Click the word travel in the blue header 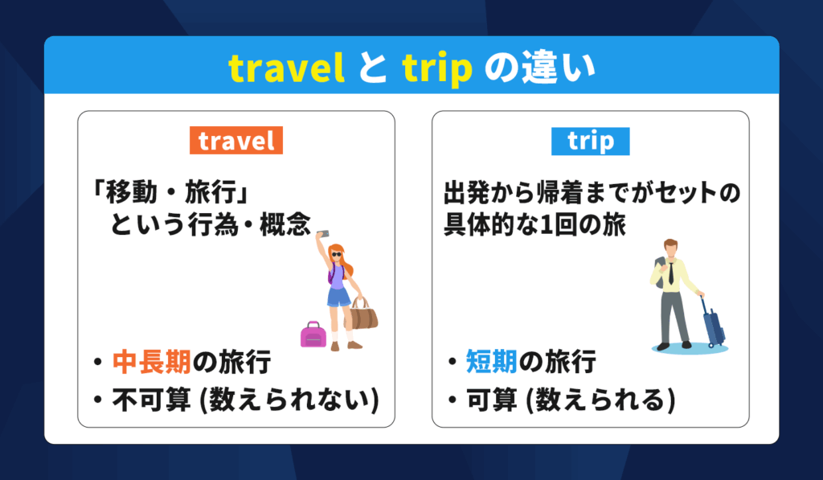coord(287,68)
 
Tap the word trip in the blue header coord(437,69)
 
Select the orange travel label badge coord(236,140)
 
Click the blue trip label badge coord(591,141)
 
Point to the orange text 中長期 coord(152,362)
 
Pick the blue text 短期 coord(492,362)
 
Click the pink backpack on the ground coord(313,334)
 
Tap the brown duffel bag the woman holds coord(363,314)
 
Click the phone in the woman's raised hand coord(323,233)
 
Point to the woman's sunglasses coord(336,255)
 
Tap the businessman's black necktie coord(671,273)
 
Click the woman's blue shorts coord(338,297)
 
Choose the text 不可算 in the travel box coord(152,400)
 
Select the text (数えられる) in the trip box coord(600,400)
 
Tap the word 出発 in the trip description coord(469,193)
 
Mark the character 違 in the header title coord(544,68)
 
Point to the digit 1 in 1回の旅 coord(546,225)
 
